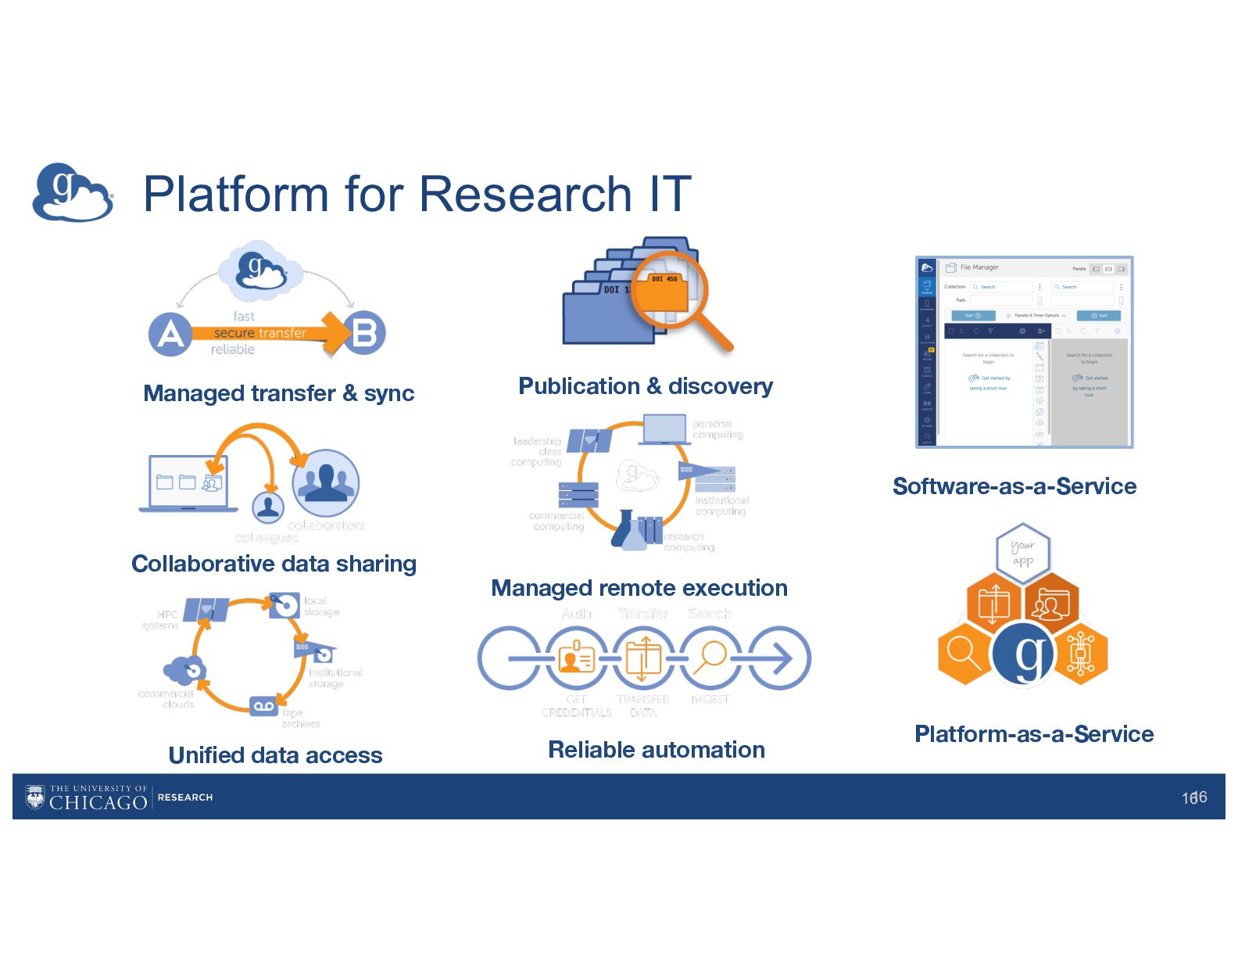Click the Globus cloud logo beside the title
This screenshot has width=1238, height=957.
pos(73,192)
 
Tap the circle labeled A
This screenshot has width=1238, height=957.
pos(170,335)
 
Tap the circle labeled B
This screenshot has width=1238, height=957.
pos(364,333)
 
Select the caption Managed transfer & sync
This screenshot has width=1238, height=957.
pos(278,393)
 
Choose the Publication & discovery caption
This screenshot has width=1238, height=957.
pos(646,386)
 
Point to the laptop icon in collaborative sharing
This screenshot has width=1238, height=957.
pos(188,483)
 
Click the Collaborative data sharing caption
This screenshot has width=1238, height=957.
pos(274,564)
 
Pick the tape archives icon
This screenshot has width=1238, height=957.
pos(263,706)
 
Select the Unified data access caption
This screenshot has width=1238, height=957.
pos(275,755)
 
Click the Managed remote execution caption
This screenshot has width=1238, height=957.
pos(639,588)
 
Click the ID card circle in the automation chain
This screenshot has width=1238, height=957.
pos(576,658)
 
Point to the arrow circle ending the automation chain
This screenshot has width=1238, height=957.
pos(778,658)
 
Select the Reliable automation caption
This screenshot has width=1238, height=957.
pos(656,750)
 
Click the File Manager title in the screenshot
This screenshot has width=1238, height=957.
pos(979,267)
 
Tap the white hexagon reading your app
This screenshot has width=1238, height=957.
pos(1022,553)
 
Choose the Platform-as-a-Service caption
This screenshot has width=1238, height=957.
pos(1033,734)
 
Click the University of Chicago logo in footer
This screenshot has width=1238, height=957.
pos(86,797)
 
